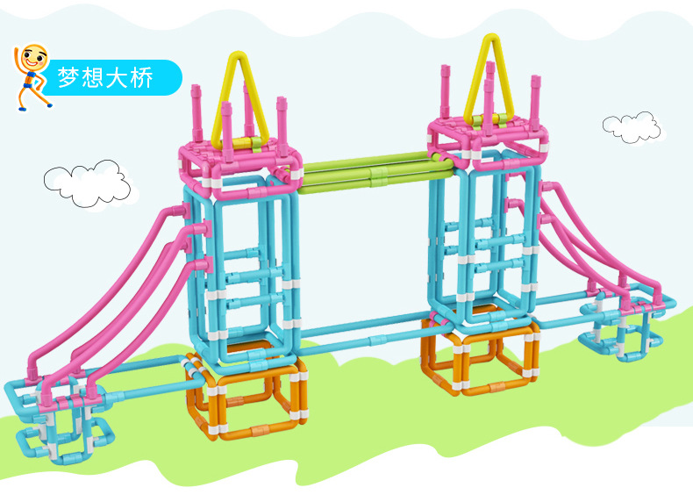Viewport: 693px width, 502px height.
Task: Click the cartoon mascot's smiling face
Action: (35, 57)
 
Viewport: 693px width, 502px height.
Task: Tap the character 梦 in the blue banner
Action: (68, 77)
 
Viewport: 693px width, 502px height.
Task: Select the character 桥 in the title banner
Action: (142, 77)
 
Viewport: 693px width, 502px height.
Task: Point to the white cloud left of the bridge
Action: (87, 183)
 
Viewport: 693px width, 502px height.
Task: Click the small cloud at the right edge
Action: (632, 127)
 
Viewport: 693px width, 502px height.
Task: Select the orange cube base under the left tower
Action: (246, 395)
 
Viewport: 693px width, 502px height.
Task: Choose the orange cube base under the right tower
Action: (481, 354)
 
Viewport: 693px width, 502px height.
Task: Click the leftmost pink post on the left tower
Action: (196, 113)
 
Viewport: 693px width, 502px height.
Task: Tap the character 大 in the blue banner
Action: (118, 77)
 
